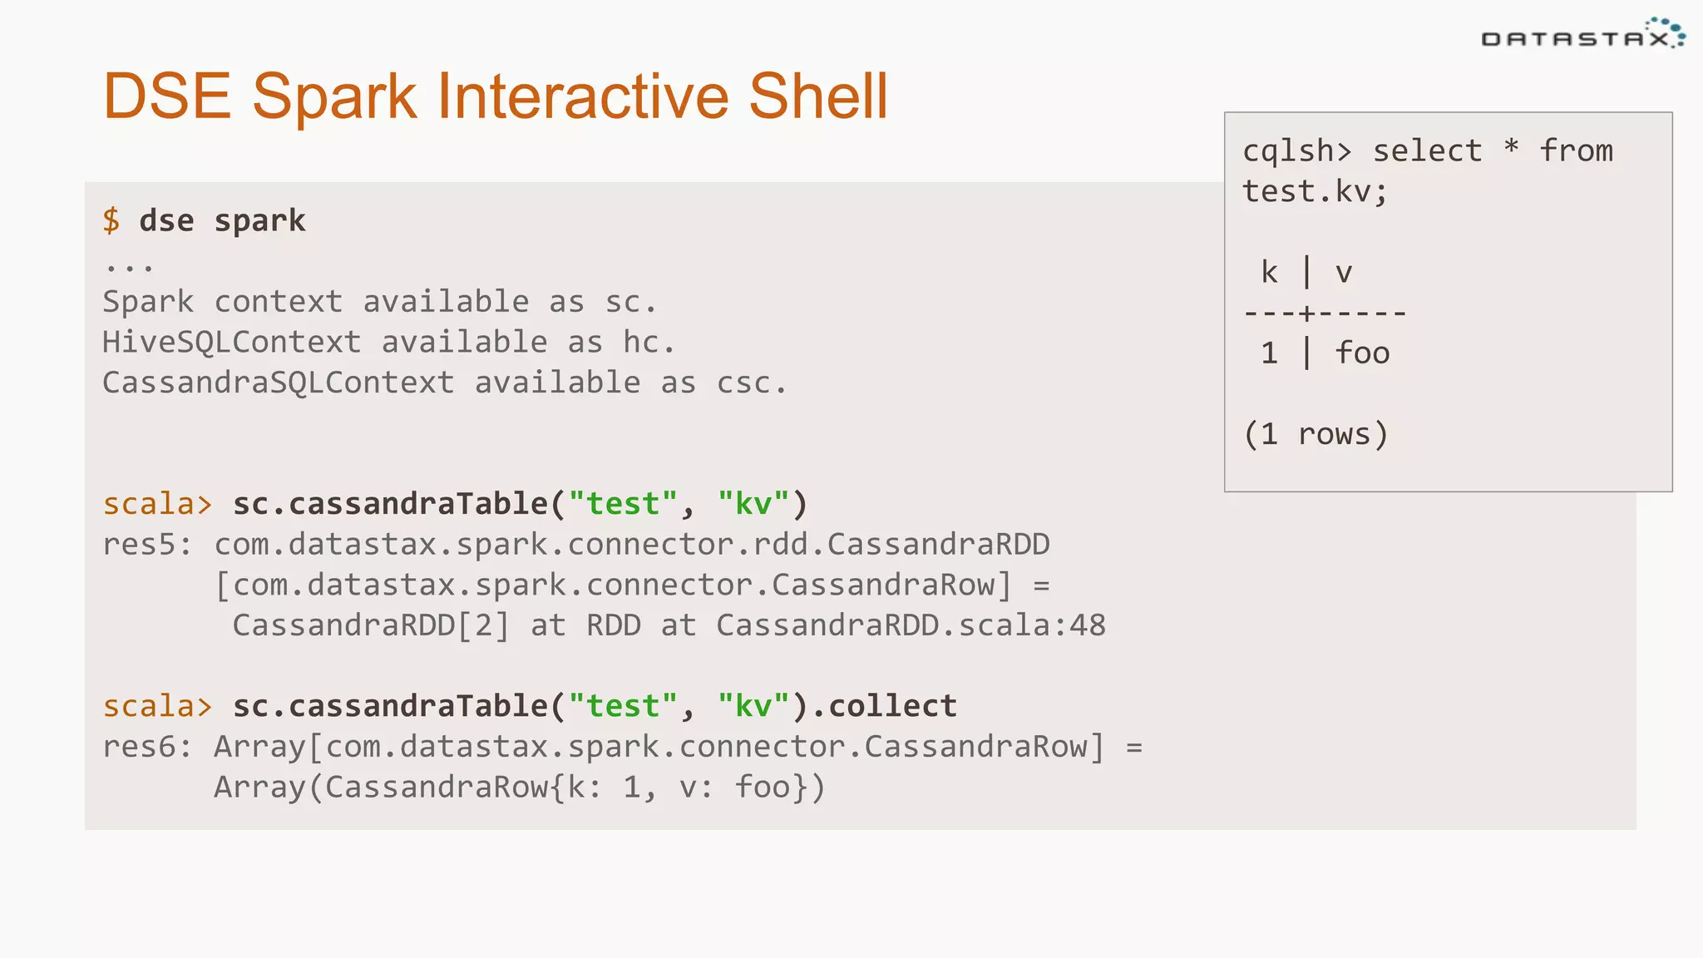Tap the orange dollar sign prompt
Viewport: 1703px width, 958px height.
[111, 220]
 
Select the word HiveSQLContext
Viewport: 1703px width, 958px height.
[231, 342]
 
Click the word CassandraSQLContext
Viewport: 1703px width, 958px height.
[279, 383]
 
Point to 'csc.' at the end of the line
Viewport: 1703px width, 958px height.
[751, 383]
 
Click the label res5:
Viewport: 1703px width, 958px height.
[147, 545]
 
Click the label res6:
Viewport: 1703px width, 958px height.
[147, 747]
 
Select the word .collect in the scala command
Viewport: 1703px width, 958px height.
[883, 706]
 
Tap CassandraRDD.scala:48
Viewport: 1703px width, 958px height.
[911, 625]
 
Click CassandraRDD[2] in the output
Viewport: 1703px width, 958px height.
[370, 625]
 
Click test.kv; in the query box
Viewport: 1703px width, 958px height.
[1315, 192]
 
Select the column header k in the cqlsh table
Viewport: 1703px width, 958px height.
[1269, 273]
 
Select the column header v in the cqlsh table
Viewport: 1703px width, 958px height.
[1344, 273]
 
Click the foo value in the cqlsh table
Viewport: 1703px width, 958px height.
[1362, 353]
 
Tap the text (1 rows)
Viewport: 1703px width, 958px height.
[1316, 434]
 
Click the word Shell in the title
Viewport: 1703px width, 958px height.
[818, 96]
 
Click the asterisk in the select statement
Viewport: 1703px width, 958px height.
[1511, 148]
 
